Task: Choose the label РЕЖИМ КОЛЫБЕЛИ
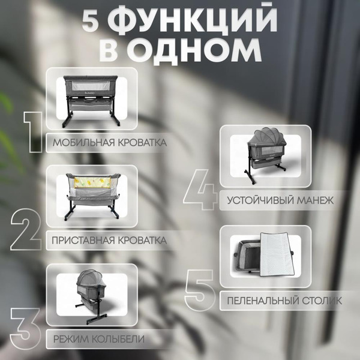(99, 339)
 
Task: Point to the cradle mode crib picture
(92, 295)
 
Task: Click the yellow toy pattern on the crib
(89, 179)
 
